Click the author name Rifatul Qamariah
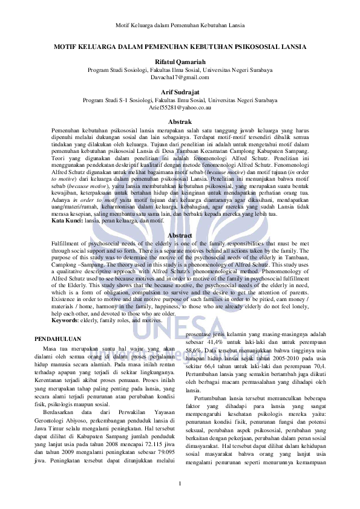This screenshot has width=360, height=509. point(180,62)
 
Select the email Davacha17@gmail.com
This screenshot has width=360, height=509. point(180,78)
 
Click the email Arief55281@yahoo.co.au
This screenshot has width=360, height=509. point(180,108)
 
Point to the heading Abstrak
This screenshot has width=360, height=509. point(180,122)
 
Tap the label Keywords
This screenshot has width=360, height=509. point(51,321)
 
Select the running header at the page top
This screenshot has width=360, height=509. point(180,26)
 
